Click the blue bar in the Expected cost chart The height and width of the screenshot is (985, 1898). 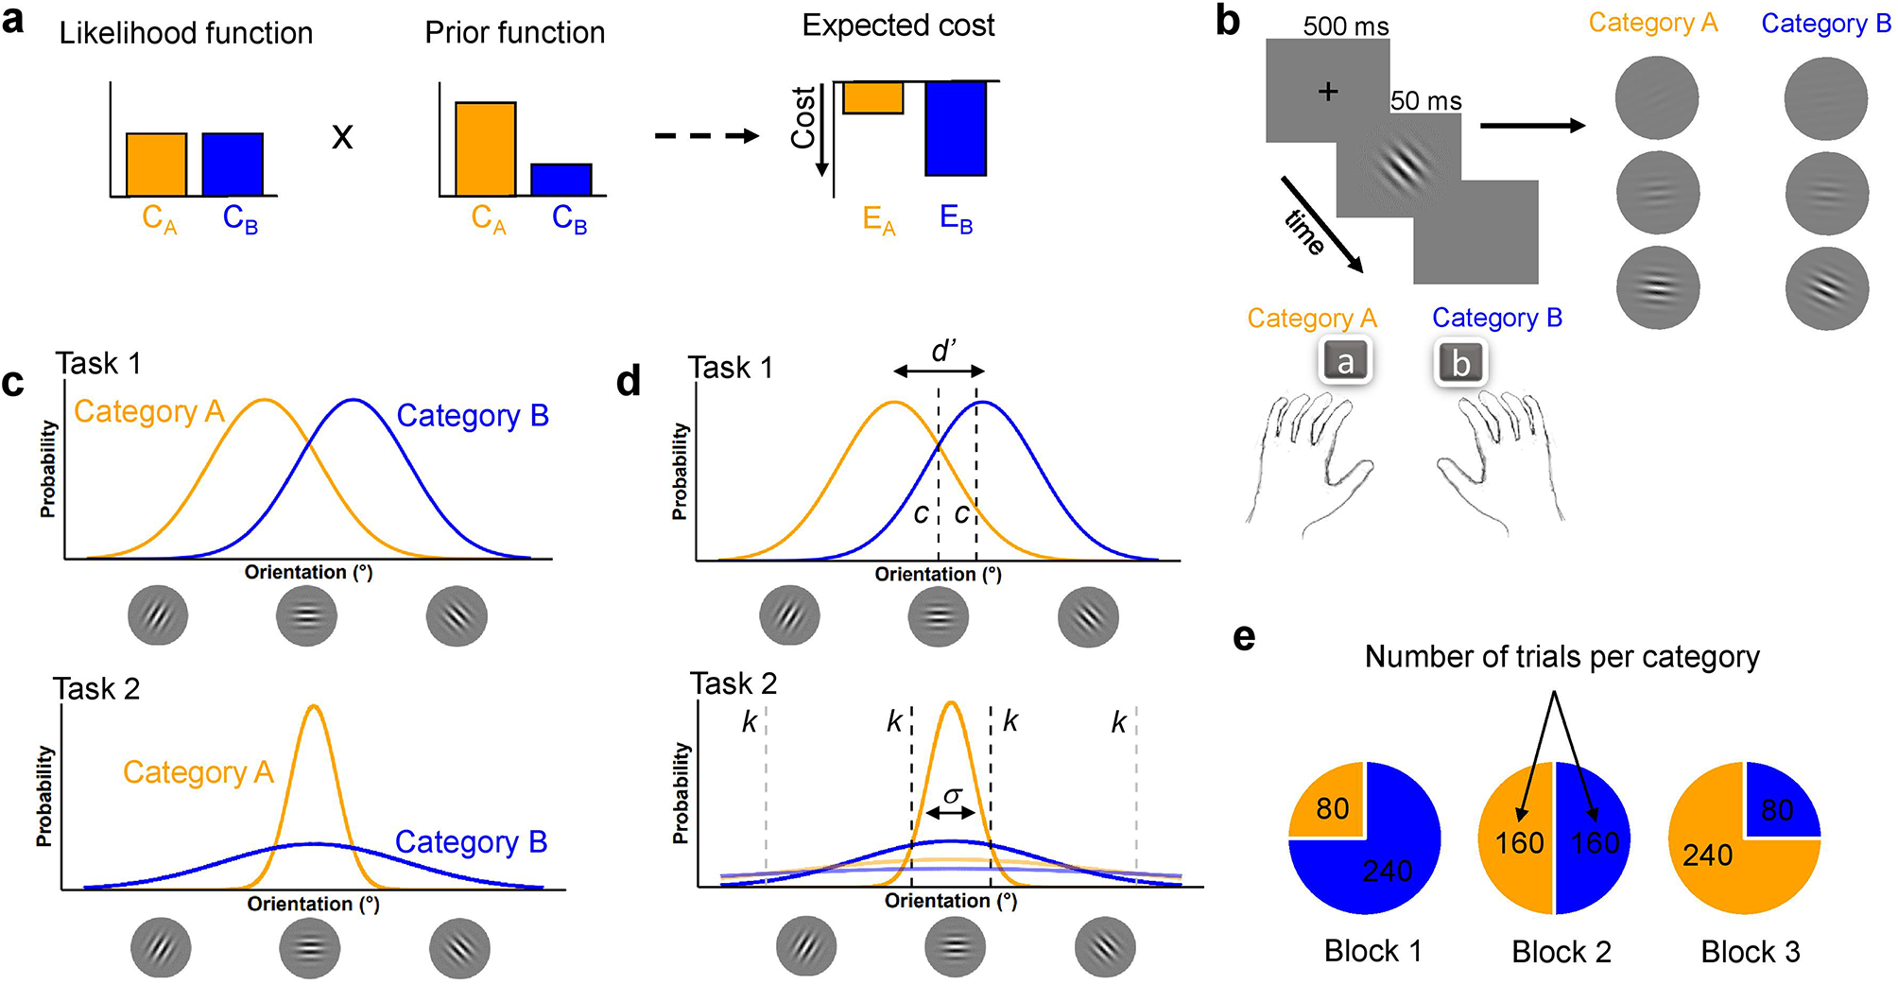(x=956, y=128)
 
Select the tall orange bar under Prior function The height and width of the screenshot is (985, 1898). (x=486, y=148)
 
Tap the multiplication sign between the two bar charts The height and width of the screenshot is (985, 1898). (x=342, y=137)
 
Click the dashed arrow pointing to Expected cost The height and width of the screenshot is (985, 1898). (x=706, y=136)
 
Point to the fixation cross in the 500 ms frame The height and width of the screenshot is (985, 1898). (x=1328, y=91)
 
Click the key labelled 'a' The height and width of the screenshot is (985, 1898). (x=1345, y=362)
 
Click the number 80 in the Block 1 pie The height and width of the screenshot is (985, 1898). (x=1333, y=809)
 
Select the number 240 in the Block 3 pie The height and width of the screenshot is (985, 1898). (x=1708, y=855)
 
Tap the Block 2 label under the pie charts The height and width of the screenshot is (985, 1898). (x=1562, y=952)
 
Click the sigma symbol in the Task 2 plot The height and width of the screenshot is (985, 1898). (x=953, y=796)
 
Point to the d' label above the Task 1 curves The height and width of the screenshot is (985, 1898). (x=943, y=352)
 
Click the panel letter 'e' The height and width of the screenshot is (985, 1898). (x=1245, y=638)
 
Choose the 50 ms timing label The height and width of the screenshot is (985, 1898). (x=1425, y=101)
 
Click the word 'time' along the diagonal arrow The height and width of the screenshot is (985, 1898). (x=1305, y=233)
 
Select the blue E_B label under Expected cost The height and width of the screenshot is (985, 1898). (x=956, y=219)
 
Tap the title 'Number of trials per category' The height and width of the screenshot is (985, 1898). (x=1562, y=657)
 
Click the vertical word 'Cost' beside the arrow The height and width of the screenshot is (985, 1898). (x=803, y=117)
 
